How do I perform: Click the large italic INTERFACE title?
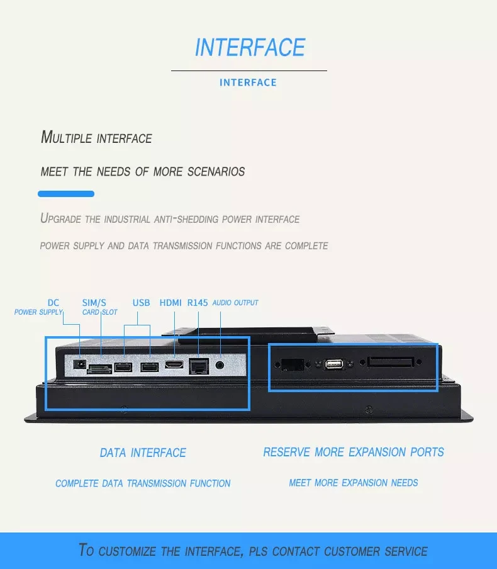pos(250,48)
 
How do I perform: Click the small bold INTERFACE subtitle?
pos(248,82)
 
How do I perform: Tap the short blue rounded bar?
pos(66,194)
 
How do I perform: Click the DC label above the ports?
pos(53,303)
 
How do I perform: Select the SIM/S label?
pos(94,303)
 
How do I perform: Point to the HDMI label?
pos(170,303)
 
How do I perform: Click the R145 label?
pos(198,303)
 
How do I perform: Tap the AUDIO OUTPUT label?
pos(235,303)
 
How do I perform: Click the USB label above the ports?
pos(142,303)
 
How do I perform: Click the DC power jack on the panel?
pos(80,364)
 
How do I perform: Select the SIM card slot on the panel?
pos(100,369)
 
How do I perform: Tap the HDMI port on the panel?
pos(174,364)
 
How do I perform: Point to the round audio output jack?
pos(220,364)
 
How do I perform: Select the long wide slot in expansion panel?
pos(391,363)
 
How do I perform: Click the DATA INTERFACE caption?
pos(143,453)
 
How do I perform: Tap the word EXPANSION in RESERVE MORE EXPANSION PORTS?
pos(376,452)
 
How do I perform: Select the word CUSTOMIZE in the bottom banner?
pos(128,551)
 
